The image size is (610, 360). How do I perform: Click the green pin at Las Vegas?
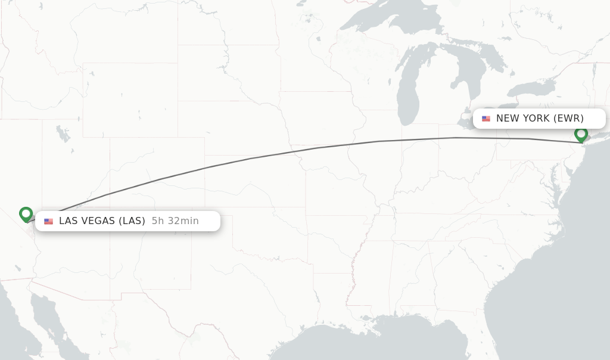click(26, 213)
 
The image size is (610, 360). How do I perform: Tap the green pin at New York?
click(581, 134)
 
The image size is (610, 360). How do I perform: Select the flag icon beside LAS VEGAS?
click(48, 221)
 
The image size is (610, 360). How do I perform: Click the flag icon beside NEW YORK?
click(486, 119)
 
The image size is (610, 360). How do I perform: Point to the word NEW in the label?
click(508, 118)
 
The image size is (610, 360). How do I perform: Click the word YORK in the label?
click(536, 118)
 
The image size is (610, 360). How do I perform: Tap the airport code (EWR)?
click(568, 118)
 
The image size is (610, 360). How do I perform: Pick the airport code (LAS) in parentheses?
click(132, 221)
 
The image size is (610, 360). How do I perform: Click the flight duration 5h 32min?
click(175, 221)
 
